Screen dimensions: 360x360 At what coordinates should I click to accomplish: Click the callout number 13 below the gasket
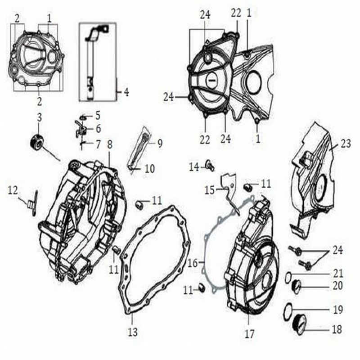133,332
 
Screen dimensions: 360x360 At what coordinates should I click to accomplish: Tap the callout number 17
250,333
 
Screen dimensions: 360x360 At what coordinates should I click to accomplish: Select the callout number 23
346,144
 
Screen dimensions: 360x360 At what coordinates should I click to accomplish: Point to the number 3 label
40,117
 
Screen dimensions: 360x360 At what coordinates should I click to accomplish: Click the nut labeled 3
36,143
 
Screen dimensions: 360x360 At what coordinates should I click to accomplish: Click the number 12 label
13,190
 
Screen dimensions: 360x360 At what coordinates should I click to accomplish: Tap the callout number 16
193,263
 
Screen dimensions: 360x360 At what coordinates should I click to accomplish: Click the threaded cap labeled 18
300,324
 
